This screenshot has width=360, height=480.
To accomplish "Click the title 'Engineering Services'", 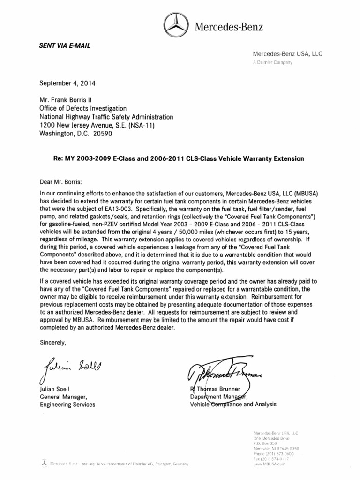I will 67,404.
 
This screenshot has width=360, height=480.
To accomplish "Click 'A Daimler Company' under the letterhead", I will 272,63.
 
